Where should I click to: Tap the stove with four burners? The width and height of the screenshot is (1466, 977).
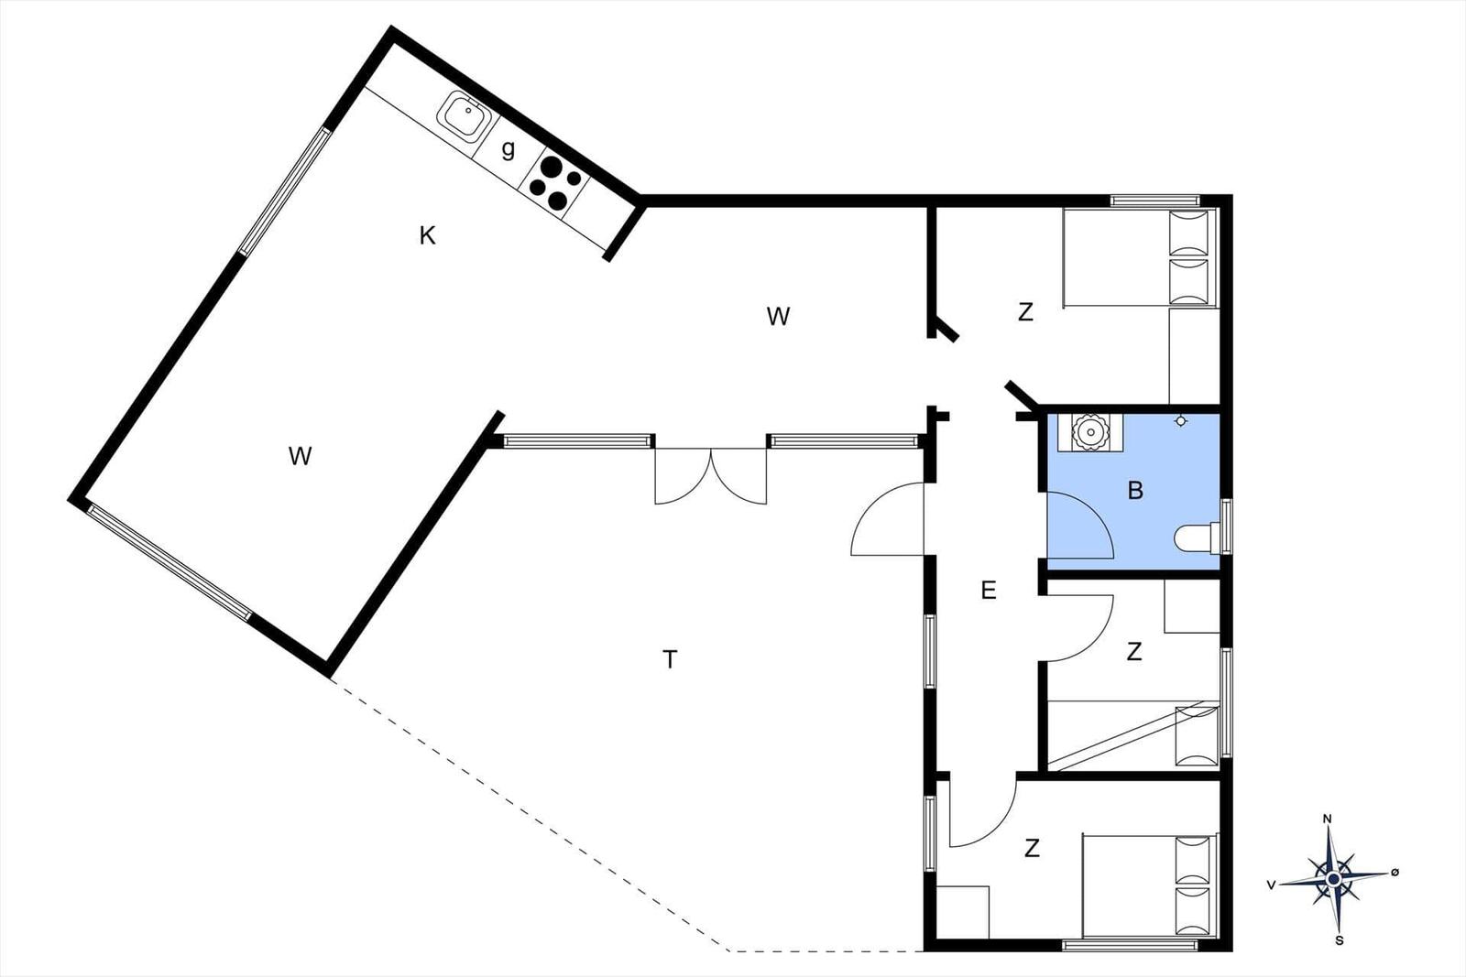click(x=555, y=184)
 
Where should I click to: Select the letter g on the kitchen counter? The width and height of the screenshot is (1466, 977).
click(x=508, y=150)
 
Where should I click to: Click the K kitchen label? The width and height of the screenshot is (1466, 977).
click(x=427, y=235)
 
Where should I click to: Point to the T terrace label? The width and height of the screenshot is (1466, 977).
click(x=670, y=659)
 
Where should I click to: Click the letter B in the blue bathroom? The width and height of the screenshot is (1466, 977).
click(x=1135, y=491)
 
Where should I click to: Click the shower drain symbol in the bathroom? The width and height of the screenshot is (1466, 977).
click(x=1181, y=421)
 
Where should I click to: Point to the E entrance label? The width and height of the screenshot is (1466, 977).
click(x=989, y=591)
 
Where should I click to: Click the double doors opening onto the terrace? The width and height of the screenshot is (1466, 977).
click(x=711, y=475)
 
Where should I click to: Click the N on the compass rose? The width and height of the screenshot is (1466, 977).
click(x=1328, y=819)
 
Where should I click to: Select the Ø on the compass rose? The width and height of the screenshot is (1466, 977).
click(x=1395, y=873)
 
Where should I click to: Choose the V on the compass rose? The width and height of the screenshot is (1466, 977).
click(x=1271, y=885)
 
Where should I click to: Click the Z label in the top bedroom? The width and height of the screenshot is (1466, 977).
click(x=1025, y=312)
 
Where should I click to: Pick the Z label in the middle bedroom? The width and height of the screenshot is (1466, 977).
click(x=1134, y=651)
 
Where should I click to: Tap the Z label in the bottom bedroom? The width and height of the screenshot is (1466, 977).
click(x=1032, y=848)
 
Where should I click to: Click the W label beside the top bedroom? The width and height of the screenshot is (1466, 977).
click(x=778, y=317)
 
